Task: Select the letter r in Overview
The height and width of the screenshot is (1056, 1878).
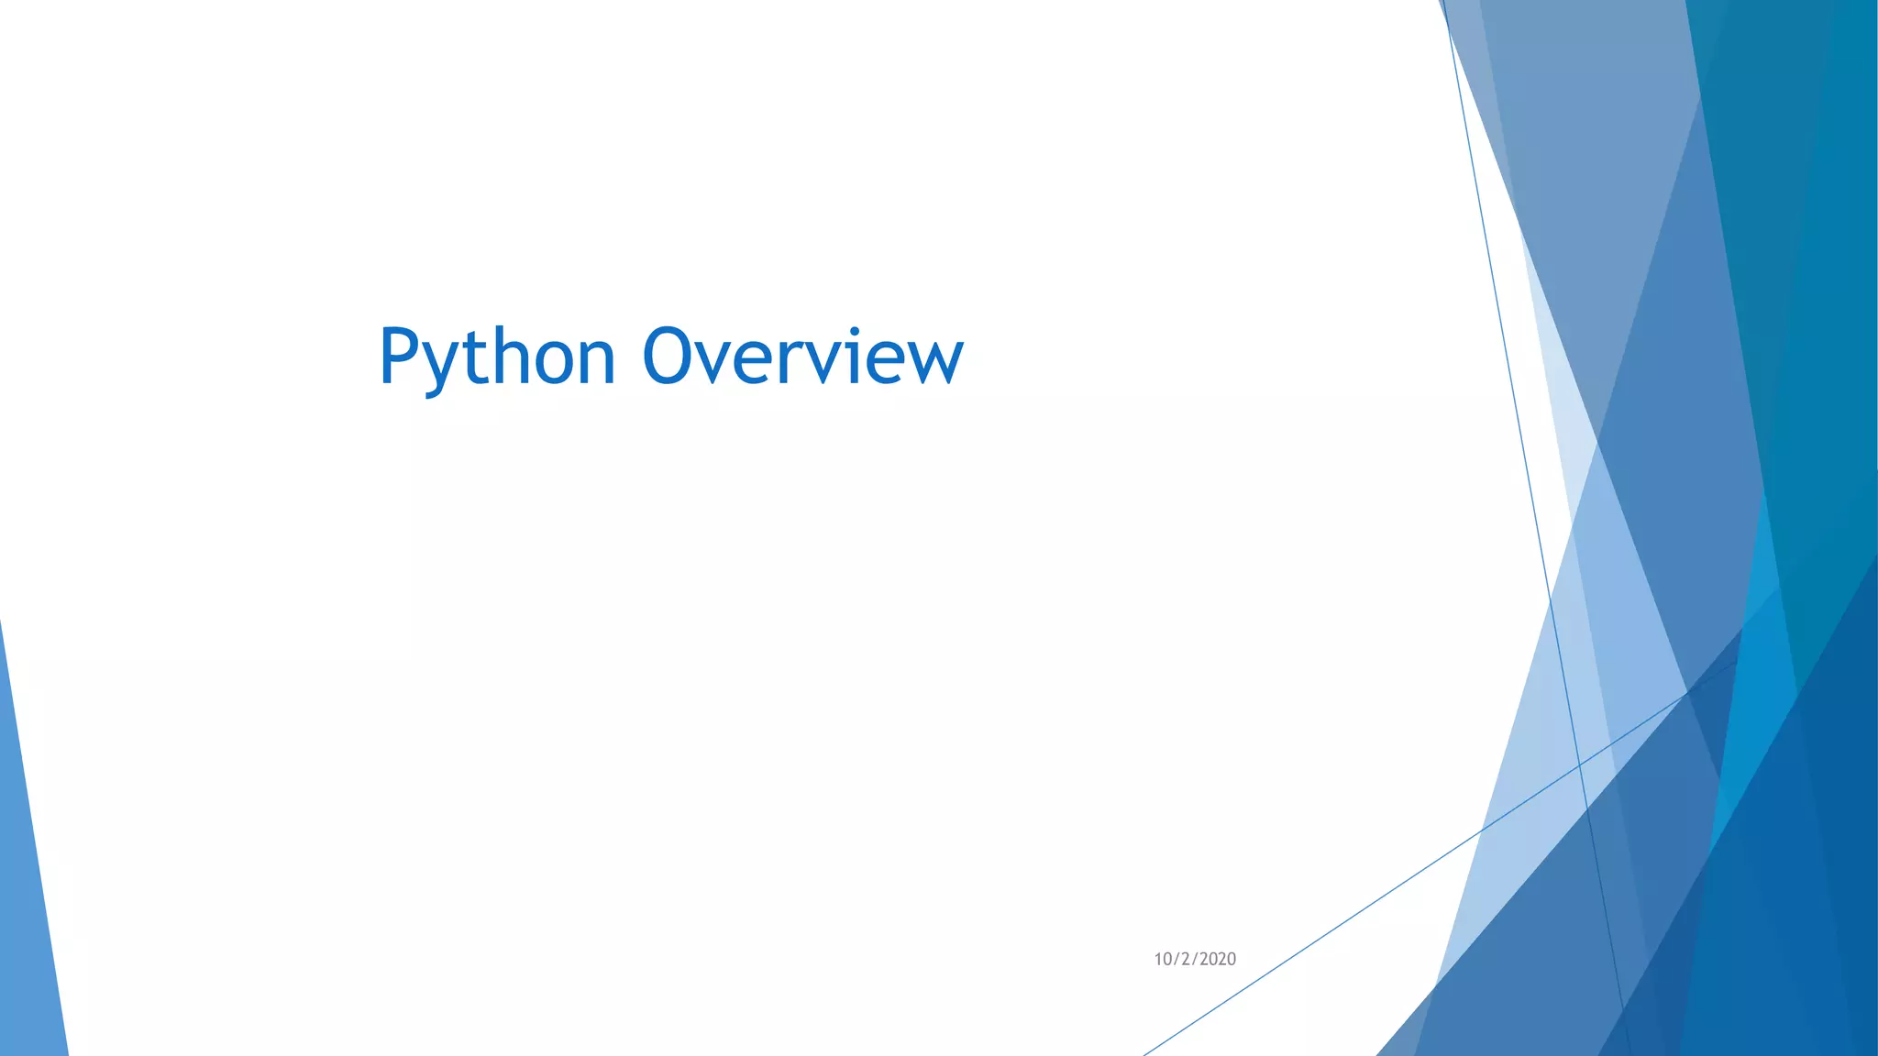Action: coord(799,361)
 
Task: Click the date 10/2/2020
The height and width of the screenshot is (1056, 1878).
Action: coord(1195,959)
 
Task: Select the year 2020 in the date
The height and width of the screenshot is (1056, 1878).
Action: coord(1217,959)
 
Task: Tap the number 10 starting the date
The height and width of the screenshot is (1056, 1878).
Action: coord(1163,959)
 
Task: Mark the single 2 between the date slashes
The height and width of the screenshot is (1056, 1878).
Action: coord(1185,959)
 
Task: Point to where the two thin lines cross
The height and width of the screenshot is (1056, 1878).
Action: coord(1579,764)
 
